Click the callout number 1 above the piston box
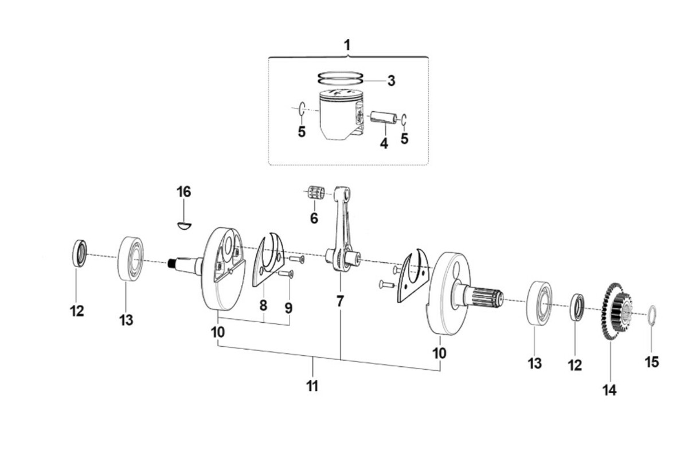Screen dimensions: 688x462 pos(347,45)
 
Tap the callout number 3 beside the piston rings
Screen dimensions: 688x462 pos(391,81)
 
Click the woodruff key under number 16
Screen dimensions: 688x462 pos(184,226)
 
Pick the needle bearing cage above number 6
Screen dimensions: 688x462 pos(316,193)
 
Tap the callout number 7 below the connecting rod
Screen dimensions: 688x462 pos(339,301)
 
